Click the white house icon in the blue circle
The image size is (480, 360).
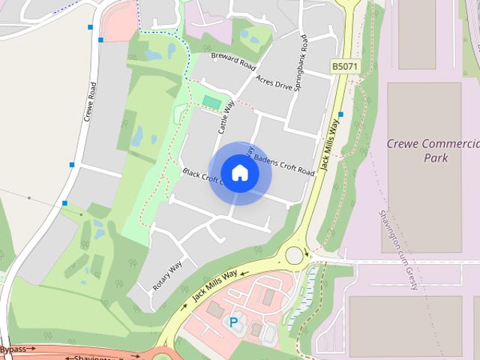[240, 172]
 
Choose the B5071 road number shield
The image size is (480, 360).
[345, 67]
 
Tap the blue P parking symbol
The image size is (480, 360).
[234, 322]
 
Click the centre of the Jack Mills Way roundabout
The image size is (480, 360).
[294, 255]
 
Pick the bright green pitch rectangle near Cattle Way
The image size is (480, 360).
[211, 101]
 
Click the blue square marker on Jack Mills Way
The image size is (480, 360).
[341, 115]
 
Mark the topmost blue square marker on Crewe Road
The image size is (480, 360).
[91, 28]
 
